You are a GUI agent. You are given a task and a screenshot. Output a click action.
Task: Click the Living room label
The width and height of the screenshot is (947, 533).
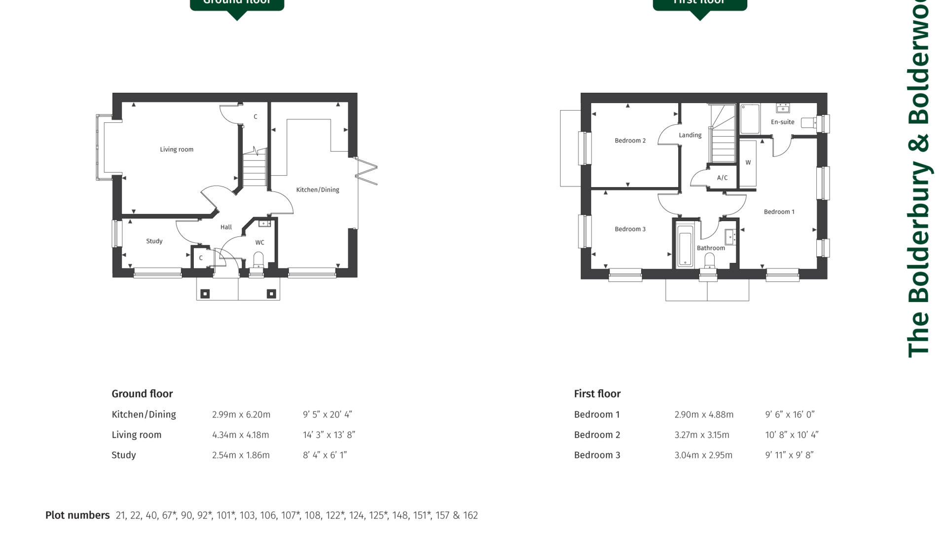pyautogui.click(x=177, y=150)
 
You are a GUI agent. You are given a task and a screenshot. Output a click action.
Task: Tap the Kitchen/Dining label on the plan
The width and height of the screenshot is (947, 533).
pyautogui.click(x=317, y=190)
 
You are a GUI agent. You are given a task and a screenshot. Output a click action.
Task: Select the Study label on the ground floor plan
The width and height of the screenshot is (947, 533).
pyautogui.click(x=154, y=241)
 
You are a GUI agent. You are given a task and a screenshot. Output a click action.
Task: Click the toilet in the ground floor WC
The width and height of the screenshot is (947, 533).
pyautogui.click(x=258, y=259)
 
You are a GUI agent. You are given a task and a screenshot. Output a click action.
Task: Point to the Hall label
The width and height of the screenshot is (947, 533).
pyautogui.click(x=226, y=228)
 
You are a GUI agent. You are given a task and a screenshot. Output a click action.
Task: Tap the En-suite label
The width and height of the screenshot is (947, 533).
pyautogui.click(x=782, y=122)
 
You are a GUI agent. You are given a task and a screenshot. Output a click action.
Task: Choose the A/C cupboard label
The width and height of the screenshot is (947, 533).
pyautogui.click(x=722, y=178)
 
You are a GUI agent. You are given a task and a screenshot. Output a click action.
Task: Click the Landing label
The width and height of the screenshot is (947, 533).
pyautogui.click(x=690, y=135)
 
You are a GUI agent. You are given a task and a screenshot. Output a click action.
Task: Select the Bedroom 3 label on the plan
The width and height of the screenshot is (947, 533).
pyautogui.click(x=630, y=229)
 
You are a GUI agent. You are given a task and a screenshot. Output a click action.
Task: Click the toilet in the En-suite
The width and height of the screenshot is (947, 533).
pyautogui.click(x=808, y=122)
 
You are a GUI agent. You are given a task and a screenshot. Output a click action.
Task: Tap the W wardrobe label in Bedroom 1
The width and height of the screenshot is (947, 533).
pyautogui.click(x=748, y=163)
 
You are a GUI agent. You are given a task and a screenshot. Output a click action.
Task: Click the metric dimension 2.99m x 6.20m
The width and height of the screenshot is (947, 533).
pyautogui.click(x=241, y=415)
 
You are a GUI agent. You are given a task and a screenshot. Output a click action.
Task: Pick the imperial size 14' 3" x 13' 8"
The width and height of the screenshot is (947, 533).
pyautogui.click(x=329, y=435)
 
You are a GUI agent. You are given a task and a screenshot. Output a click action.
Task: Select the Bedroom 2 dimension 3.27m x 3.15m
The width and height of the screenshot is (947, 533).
pyautogui.click(x=701, y=435)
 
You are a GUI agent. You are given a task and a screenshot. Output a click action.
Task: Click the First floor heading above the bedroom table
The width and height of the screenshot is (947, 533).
pyautogui.click(x=597, y=394)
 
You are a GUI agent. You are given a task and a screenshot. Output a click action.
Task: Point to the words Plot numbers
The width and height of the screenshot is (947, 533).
pyautogui.click(x=77, y=516)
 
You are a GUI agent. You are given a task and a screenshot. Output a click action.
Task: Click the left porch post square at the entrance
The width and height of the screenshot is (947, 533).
pyautogui.click(x=205, y=294)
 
